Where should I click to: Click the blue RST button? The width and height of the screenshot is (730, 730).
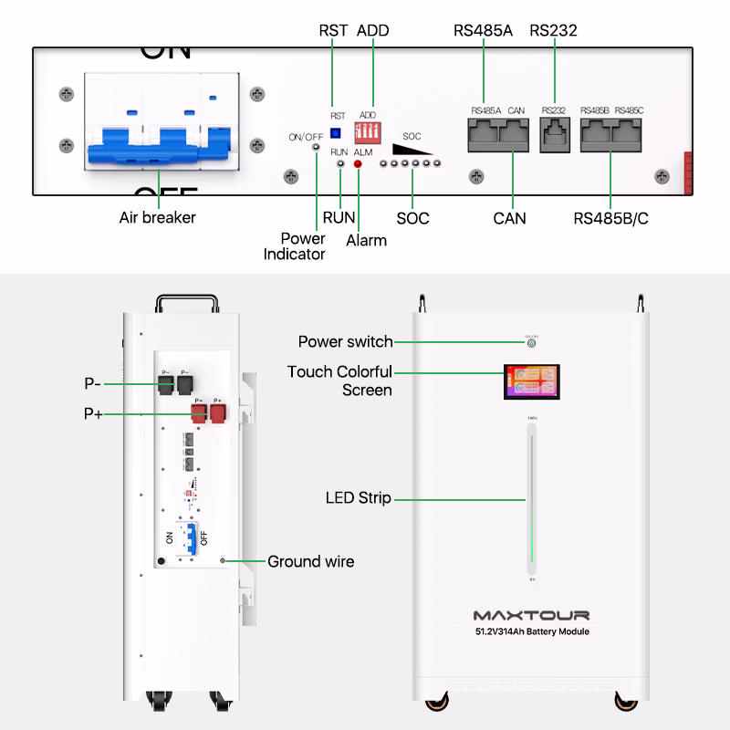pos(335,133)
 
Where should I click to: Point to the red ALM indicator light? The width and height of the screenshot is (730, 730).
pos(358,164)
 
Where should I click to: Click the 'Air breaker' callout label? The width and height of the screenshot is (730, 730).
pos(158,218)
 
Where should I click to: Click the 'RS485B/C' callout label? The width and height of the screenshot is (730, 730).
pos(610,219)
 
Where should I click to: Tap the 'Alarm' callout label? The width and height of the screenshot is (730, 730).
pos(366,241)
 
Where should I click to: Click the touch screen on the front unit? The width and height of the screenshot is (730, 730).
pos(531,382)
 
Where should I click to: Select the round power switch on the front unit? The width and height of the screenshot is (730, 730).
pos(531,342)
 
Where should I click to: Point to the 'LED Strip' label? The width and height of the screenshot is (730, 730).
pos(358,498)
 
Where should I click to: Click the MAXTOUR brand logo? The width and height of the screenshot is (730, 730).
pos(531,615)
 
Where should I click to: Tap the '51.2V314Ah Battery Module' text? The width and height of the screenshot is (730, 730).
pos(531,631)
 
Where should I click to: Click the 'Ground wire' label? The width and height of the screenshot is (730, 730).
pos(310,561)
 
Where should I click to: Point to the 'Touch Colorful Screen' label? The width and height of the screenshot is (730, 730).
pos(339,381)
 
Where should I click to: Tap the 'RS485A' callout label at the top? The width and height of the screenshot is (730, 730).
pos(483,31)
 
